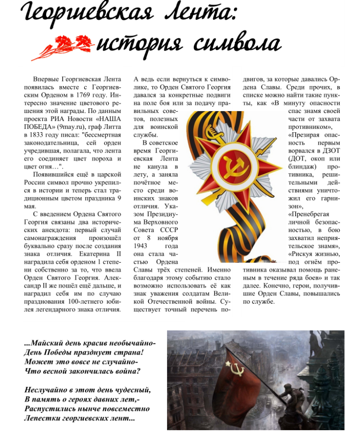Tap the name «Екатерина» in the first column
[99, 255]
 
